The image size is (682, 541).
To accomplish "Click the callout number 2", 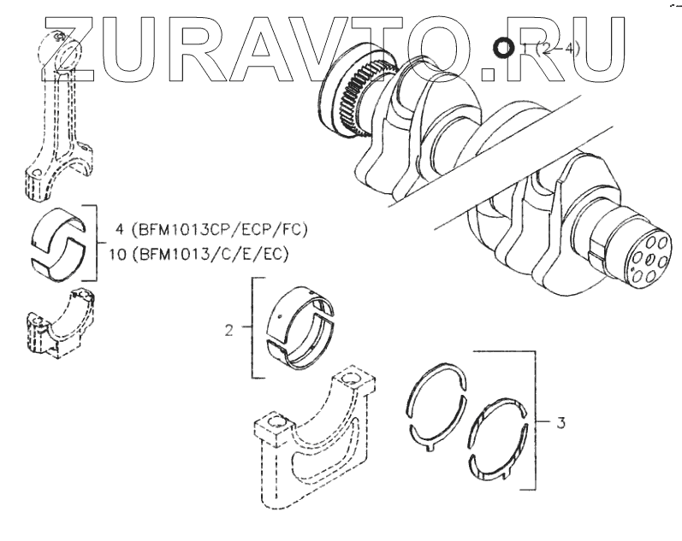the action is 228,328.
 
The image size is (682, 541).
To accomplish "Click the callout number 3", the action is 560,421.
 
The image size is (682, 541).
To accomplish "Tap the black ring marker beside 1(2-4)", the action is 504,48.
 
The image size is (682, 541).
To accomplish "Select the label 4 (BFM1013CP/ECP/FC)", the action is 209,230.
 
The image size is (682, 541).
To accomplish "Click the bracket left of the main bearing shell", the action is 254,326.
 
